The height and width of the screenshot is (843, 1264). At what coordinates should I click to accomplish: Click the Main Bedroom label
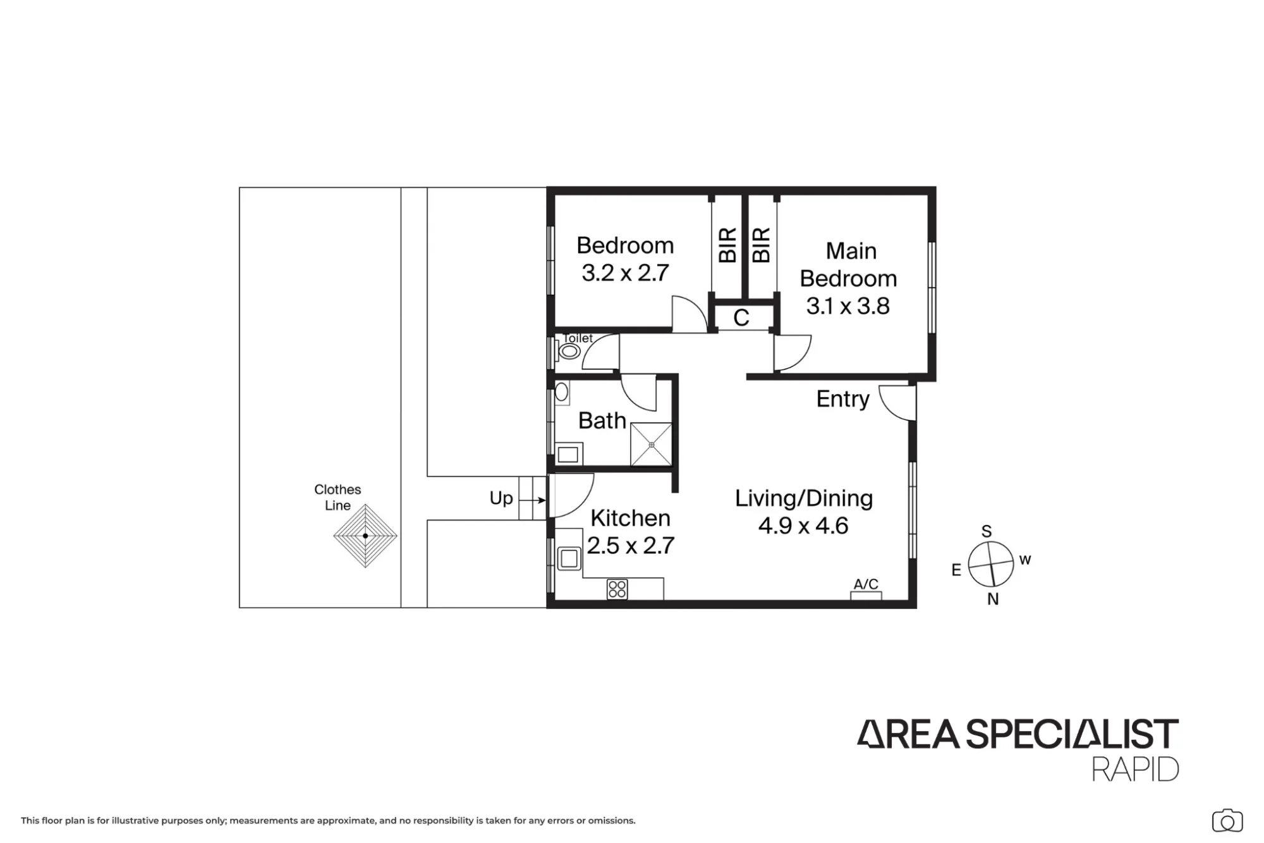tap(848, 264)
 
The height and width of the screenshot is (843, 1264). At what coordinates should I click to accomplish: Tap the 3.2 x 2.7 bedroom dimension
tap(625, 273)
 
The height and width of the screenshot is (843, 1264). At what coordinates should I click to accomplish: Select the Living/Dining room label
tap(804, 498)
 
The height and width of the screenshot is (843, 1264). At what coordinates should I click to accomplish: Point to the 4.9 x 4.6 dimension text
tap(803, 526)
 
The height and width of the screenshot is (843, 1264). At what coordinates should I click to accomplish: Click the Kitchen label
tap(630, 518)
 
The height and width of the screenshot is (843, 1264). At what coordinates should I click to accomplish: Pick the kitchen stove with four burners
tap(617, 589)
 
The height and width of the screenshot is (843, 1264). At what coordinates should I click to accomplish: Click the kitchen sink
tap(569, 558)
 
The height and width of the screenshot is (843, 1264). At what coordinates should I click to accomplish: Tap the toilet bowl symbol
tap(569, 351)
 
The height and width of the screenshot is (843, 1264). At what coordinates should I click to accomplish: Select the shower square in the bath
tap(651, 444)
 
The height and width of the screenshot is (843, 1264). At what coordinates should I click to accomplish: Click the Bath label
tap(602, 421)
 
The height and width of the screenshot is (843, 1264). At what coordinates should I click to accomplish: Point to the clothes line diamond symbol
tap(365, 536)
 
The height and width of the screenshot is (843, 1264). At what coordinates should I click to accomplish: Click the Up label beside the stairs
tap(501, 498)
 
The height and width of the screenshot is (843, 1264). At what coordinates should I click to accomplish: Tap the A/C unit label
tap(866, 584)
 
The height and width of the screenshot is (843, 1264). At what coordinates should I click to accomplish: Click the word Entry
tap(842, 399)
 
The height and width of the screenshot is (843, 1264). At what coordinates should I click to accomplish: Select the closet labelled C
tap(742, 317)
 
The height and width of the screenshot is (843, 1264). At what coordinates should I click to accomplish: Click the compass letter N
tap(993, 599)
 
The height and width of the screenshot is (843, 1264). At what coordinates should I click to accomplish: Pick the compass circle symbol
tap(990, 563)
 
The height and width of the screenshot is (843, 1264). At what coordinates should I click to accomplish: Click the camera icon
tap(1227, 821)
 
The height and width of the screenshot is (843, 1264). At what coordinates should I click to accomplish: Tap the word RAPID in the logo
tap(1135, 769)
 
